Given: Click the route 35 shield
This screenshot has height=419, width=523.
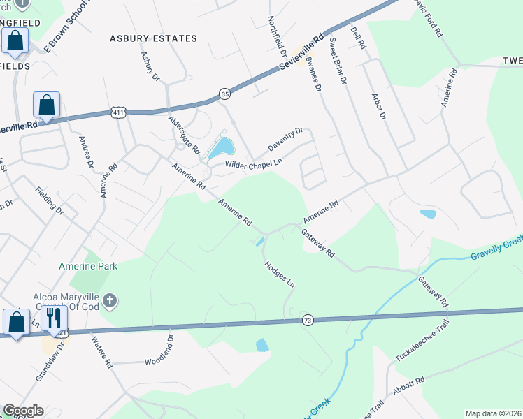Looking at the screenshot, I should [224, 93].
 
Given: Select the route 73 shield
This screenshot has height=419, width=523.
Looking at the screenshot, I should [307, 321].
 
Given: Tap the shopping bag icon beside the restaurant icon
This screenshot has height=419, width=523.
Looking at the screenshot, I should [16, 322].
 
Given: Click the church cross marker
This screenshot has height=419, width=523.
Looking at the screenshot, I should [109, 301].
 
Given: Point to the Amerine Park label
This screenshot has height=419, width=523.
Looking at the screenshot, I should [88, 265].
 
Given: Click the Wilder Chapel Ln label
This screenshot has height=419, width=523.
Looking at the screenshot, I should [253, 163].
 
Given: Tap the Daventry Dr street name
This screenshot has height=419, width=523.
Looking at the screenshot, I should [285, 141].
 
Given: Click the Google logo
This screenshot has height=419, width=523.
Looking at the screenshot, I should [23, 411].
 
